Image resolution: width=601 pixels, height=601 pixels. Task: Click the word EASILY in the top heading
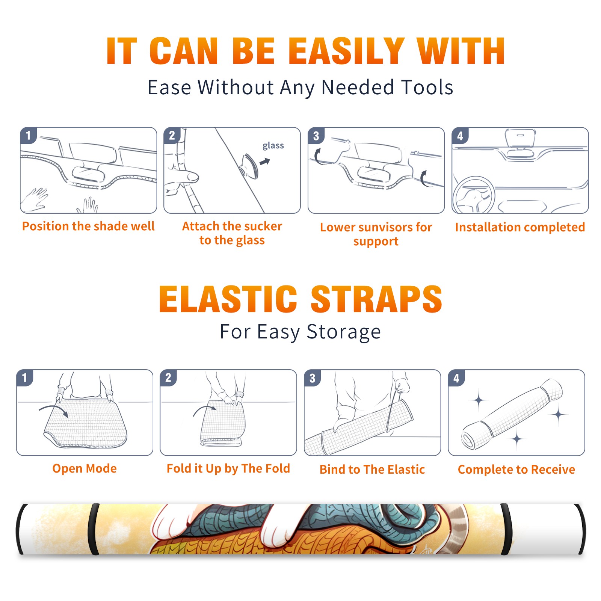click(x=347, y=51)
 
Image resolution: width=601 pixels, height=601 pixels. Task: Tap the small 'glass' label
click(x=273, y=145)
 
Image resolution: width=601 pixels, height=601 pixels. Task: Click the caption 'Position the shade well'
click(x=88, y=226)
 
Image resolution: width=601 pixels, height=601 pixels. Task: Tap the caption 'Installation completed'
click(x=520, y=227)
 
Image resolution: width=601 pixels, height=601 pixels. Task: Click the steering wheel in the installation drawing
click(x=474, y=195)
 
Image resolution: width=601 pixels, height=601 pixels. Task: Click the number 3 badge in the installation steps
click(x=316, y=136)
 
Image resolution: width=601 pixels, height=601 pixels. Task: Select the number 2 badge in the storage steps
click(x=168, y=378)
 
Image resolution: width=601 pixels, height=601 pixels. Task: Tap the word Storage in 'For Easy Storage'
click(x=344, y=332)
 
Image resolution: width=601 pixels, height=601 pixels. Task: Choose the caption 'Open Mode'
click(x=85, y=468)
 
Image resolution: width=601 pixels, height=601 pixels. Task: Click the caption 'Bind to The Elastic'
click(x=372, y=470)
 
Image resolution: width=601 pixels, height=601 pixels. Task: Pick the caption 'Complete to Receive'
click(x=516, y=470)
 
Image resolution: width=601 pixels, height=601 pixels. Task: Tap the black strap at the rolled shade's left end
click(x=20, y=529)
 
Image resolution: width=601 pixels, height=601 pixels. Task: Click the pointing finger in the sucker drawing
click(x=183, y=177)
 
